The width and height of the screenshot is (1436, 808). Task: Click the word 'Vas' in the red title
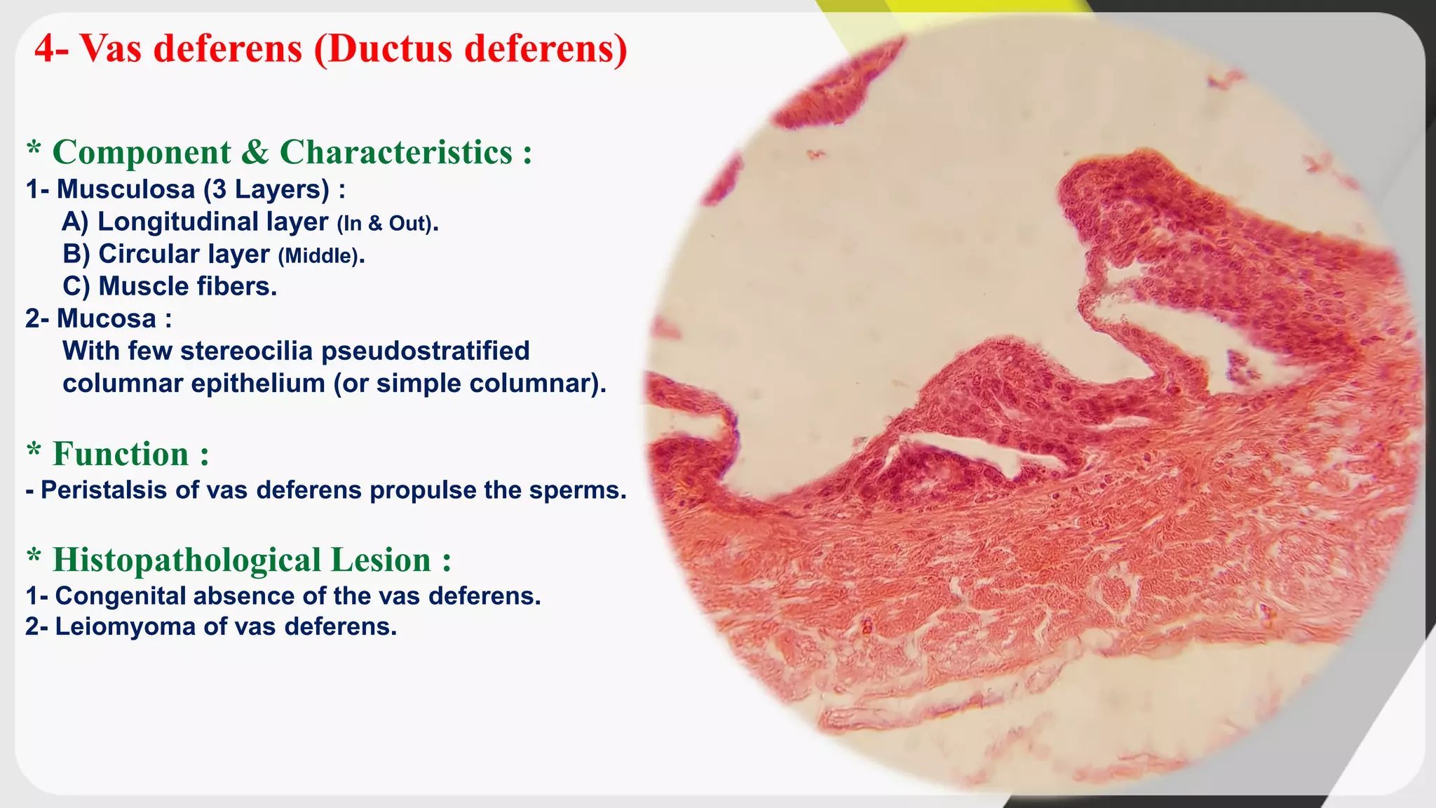pos(110,48)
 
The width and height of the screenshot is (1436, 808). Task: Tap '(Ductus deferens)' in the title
pos(470,48)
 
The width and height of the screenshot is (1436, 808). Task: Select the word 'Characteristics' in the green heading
pos(395,152)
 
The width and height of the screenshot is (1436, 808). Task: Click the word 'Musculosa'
pos(126,189)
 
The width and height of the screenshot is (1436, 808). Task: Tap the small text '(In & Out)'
pos(386,224)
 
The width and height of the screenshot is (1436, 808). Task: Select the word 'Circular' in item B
pos(149,254)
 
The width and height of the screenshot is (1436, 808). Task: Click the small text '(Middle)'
pos(320,256)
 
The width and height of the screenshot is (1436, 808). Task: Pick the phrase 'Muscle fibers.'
pos(187,286)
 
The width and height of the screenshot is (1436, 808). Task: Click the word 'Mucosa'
pos(106,318)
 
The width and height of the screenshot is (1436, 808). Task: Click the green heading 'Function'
pos(121,454)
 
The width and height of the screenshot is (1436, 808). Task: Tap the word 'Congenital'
pos(119,595)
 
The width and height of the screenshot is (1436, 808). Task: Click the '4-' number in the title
pos(52,48)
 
